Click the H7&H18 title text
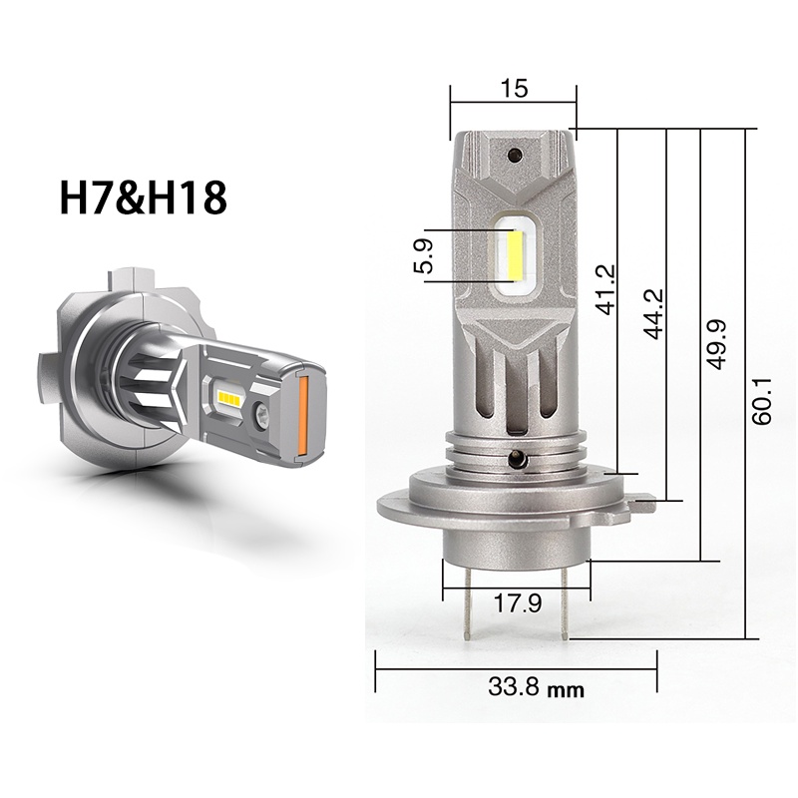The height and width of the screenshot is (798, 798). click(x=144, y=197)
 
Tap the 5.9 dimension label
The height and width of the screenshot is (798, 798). click(x=424, y=255)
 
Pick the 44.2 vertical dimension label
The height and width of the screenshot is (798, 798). click(x=652, y=313)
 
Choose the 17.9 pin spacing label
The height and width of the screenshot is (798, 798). click(x=518, y=602)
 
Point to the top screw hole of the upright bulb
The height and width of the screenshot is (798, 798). click(x=515, y=156)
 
